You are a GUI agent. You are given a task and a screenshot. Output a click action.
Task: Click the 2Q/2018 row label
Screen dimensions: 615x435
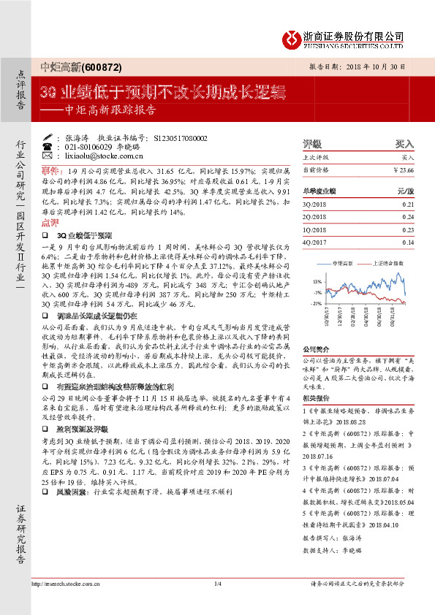pyautogui.click(x=312, y=218)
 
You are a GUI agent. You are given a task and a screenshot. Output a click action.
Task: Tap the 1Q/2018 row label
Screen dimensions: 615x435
pyautogui.click(x=312, y=230)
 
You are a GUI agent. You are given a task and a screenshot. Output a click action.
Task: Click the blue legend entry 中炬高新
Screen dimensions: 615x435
pyautogui.click(x=342, y=261)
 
